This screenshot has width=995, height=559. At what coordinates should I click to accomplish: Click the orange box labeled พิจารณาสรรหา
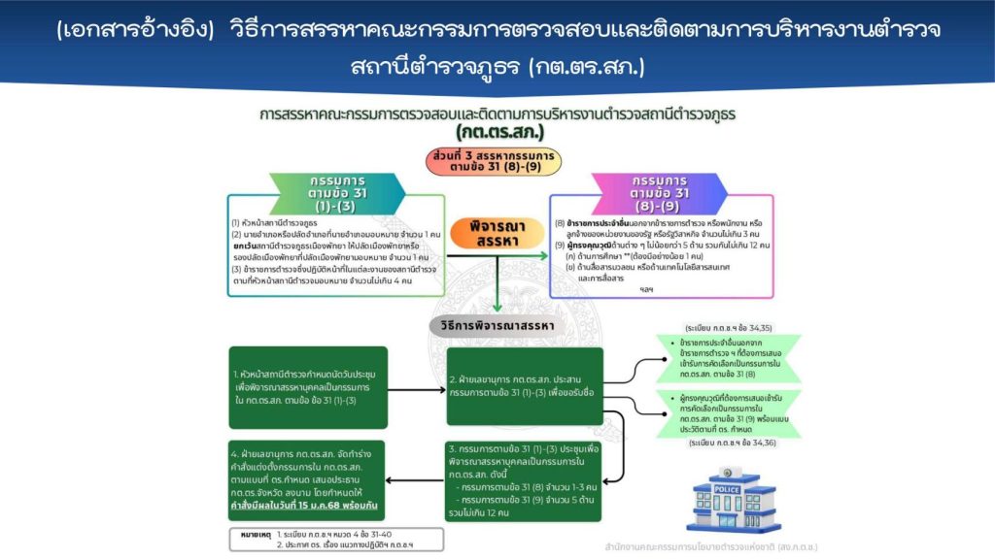497,232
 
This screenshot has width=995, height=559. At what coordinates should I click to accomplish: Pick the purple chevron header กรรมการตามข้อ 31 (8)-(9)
661,194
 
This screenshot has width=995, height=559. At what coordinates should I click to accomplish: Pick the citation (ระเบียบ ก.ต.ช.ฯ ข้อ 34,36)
732,443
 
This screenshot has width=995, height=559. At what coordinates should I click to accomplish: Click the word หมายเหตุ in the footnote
255,533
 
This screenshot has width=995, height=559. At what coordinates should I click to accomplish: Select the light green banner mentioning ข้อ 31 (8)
734,359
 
